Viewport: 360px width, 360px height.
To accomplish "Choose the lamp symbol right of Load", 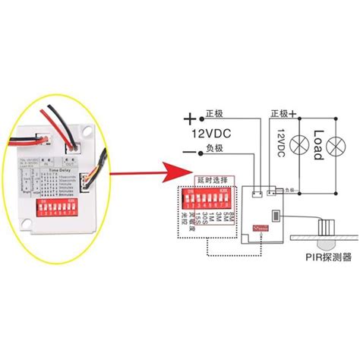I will pos(336,141).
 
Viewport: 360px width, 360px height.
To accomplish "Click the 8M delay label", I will pos(231,216).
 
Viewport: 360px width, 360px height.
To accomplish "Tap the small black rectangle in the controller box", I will pos(277,211).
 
